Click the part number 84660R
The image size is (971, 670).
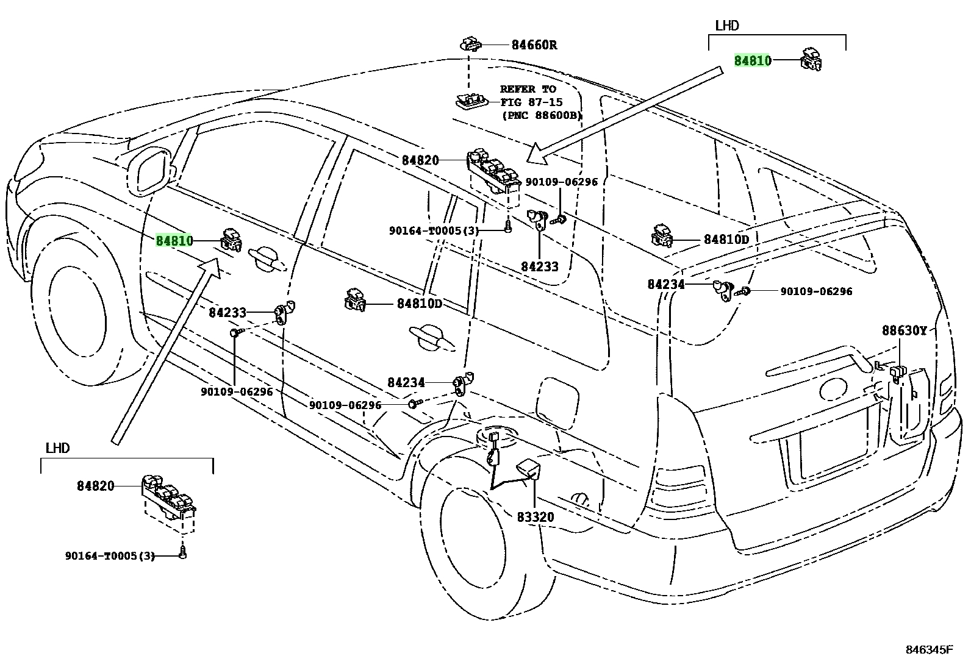(534, 45)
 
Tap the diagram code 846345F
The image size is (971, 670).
(929, 650)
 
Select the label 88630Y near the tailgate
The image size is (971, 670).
(905, 330)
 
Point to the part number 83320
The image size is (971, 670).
(536, 517)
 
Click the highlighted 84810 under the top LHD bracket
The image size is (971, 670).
(753, 60)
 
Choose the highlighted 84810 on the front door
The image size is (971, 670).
(174, 240)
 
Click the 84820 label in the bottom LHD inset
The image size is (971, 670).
(95, 486)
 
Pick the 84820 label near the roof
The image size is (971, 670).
(420, 160)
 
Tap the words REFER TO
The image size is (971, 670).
(528, 89)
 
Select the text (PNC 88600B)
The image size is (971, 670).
(542, 116)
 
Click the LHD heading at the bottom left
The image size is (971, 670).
(58, 447)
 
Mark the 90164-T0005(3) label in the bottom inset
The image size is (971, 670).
(110, 555)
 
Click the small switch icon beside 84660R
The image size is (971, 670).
(470, 44)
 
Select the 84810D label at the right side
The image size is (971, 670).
(726, 239)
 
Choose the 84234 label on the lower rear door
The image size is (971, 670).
(406, 382)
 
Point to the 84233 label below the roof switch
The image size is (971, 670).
(540, 266)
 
